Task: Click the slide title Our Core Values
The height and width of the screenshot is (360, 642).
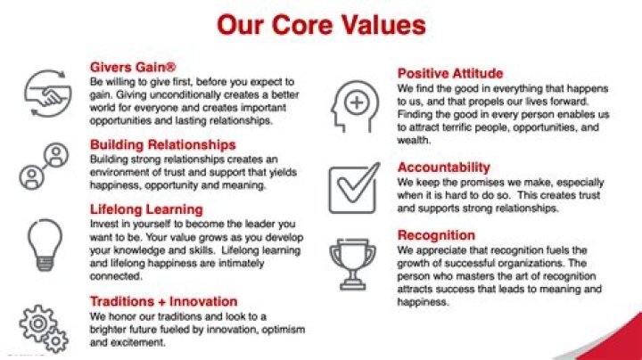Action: [320, 25]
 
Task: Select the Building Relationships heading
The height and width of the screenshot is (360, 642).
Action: [162, 143]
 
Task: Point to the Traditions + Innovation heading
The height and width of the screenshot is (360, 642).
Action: [163, 301]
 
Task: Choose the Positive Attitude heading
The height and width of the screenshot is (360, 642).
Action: [449, 73]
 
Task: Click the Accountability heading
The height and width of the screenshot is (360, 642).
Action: [443, 167]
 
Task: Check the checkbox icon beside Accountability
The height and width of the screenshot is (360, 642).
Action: [353, 185]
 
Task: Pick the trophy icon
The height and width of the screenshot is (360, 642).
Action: [353, 259]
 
